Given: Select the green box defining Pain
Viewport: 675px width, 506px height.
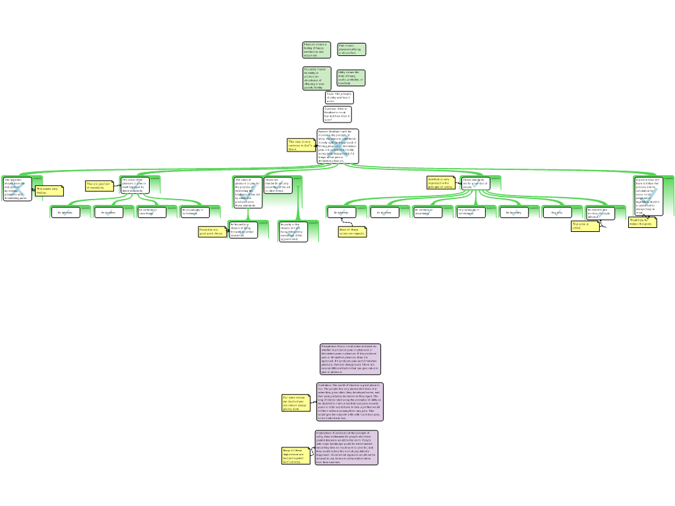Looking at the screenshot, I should click(x=351, y=49).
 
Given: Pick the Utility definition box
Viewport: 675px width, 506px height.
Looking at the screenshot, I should click(x=351, y=78).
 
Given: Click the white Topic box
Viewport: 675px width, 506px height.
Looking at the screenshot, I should click(x=339, y=98).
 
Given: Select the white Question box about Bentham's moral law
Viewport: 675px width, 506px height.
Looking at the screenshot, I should click(x=337, y=114).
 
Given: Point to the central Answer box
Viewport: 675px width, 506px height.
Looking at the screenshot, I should click(x=337, y=146).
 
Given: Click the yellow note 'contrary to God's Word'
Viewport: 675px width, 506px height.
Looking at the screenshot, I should click(x=301, y=145).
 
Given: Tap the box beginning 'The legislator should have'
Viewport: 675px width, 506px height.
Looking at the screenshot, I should click(x=16, y=188).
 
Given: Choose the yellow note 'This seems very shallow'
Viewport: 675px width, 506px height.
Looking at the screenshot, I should click(x=49, y=191).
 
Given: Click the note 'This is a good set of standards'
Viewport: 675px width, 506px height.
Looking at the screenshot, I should click(x=98, y=186).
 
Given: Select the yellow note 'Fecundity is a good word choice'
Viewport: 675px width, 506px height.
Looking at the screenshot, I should click(x=212, y=232).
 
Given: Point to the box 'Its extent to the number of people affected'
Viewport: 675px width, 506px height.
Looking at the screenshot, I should click(x=600, y=213).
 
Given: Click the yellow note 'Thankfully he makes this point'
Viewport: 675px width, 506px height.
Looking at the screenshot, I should click(x=642, y=222).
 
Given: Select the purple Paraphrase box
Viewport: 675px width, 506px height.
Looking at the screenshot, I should click(x=349, y=359).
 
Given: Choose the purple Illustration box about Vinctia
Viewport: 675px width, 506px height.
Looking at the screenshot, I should click(x=349, y=401).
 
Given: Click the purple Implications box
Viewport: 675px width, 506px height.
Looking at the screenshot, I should click(x=346, y=447).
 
